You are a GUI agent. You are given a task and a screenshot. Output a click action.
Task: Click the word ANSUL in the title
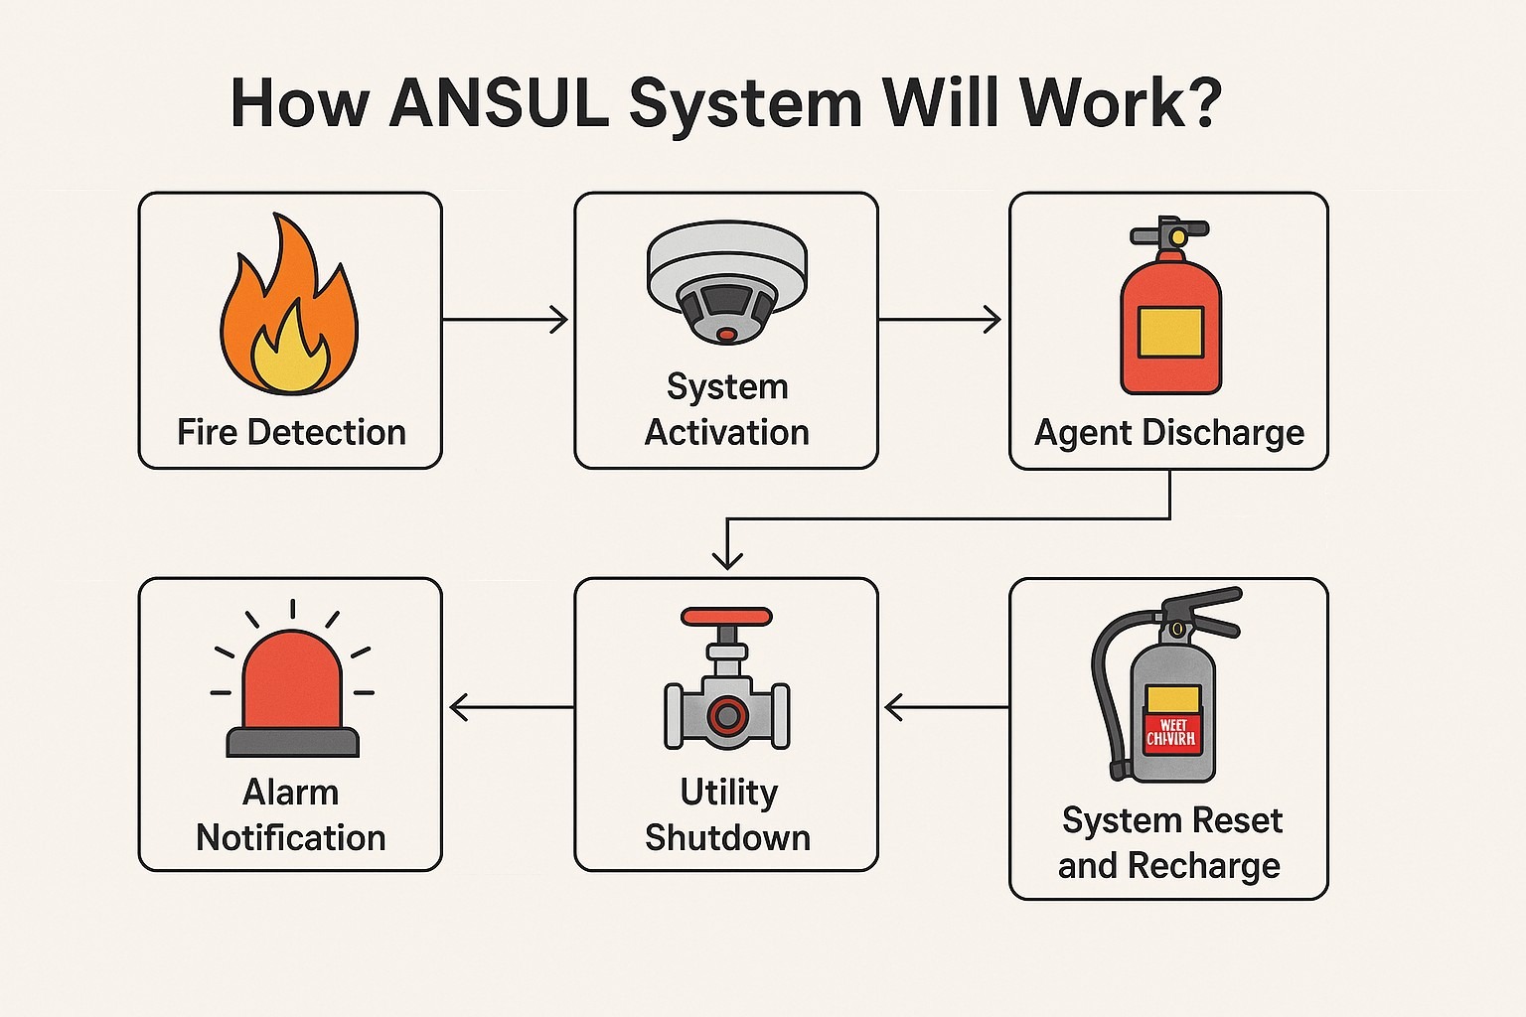[x=499, y=102]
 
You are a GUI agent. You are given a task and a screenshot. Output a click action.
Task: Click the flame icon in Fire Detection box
[x=289, y=308]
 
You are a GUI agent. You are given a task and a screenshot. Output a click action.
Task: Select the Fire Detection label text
[x=291, y=432]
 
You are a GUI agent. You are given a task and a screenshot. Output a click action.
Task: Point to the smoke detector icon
[x=726, y=282]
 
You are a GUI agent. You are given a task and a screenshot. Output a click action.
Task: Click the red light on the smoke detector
[x=727, y=335]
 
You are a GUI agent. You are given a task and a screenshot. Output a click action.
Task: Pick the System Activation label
[x=726, y=409]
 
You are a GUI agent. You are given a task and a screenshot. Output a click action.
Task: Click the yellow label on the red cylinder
[x=1170, y=332]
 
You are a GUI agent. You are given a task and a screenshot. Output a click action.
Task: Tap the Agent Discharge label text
[x=1169, y=433]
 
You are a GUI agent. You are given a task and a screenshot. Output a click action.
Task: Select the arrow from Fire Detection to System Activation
[x=505, y=320]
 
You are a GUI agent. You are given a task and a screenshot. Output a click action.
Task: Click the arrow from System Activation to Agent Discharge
[x=940, y=320]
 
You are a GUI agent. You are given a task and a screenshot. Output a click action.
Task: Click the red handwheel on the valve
[x=726, y=616]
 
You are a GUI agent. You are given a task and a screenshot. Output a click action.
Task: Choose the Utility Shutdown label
[x=727, y=814]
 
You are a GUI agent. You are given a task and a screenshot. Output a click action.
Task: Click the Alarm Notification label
[x=291, y=814]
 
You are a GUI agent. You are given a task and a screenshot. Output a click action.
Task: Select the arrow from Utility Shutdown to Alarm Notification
[x=511, y=707]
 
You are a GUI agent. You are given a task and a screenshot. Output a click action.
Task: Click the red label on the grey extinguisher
[x=1171, y=733]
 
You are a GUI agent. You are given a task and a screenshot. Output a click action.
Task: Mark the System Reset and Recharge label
[x=1170, y=842]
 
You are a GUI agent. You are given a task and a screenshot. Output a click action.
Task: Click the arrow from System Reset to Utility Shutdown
[x=946, y=707]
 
